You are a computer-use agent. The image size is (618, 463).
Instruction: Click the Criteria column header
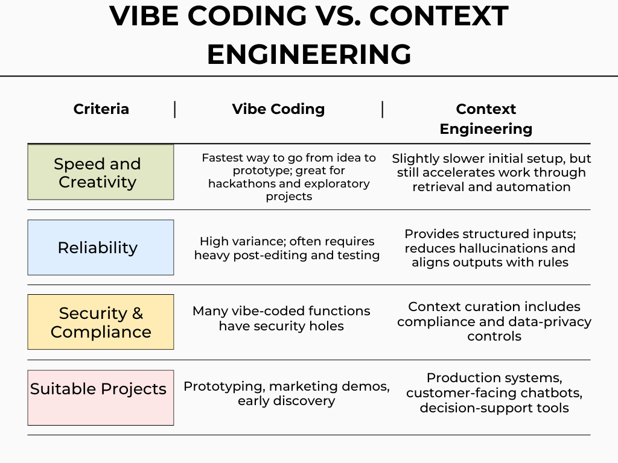(101, 109)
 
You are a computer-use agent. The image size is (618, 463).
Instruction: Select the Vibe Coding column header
(278, 109)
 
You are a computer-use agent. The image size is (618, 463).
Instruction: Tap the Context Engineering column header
(486, 119)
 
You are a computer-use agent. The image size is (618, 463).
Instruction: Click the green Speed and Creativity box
(101, 172)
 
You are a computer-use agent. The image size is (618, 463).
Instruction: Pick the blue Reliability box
(101, 247)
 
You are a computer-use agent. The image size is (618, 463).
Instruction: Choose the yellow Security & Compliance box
(101, 322)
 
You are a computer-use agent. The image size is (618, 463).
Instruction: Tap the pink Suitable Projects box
(101, 398)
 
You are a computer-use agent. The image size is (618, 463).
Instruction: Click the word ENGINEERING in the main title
(310, 54)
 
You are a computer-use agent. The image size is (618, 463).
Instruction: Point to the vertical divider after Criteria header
(174, 110)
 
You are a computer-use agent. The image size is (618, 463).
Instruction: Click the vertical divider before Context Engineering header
(382, 110)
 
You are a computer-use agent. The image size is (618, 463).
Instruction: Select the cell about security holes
(281, 318)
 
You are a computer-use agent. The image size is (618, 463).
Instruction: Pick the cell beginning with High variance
(287, 248)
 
